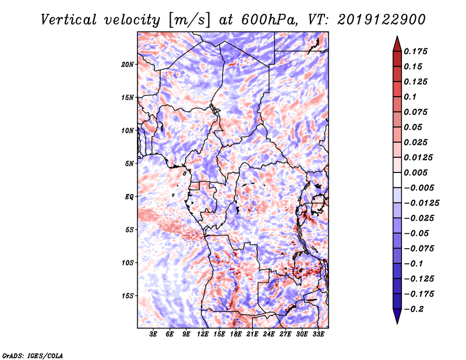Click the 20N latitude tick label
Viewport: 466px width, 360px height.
pos(128,65)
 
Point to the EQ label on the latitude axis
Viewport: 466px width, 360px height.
pos(129,197)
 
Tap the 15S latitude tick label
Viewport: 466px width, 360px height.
pos(128,296)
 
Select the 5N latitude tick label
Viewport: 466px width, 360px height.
pos(129,164)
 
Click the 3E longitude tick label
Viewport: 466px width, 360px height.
pos(153,334)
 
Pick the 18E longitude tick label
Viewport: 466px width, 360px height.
pos(236,334)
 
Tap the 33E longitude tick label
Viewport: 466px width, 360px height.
pos(318,334)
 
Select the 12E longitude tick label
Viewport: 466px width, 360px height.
pos(203,334)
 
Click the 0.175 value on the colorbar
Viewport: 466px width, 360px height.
pos(415,51)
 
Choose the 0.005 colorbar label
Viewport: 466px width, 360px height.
pos(415,172)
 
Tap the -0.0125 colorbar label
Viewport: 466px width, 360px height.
pos(421,203)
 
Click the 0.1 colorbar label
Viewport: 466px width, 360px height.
pos(410,97)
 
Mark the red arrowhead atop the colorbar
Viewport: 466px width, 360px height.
pos(397,44)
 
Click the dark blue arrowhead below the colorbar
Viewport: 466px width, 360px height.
pos(397,316)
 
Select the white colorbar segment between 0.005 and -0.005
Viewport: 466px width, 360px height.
pos(397,180)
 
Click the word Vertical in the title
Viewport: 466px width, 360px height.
pos(69,20)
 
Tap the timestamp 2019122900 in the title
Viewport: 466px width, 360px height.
pos(382,20)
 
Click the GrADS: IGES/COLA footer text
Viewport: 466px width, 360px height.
pos(33,355)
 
